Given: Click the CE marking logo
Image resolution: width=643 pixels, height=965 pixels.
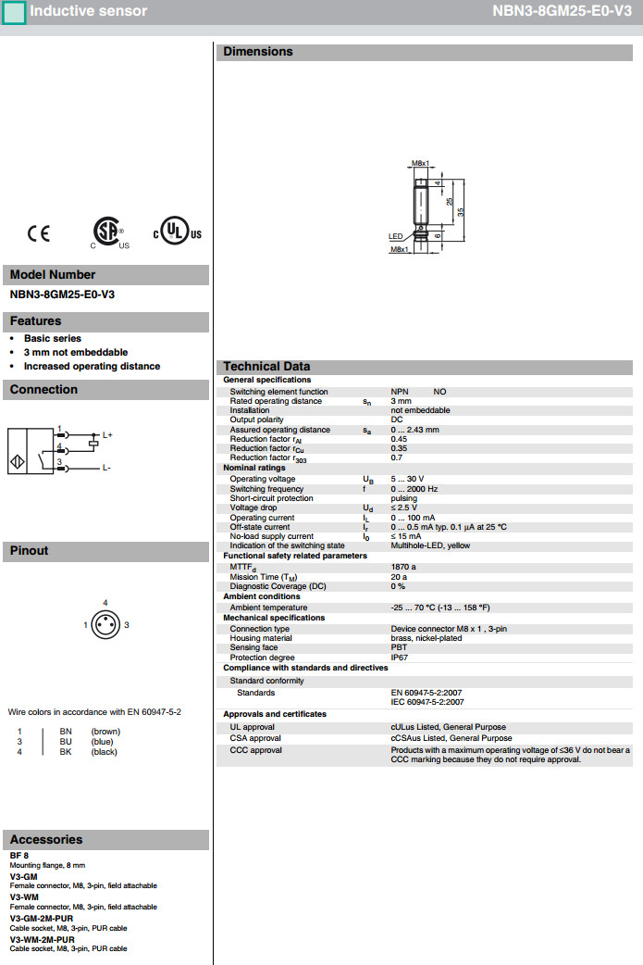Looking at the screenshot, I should tap(39, 233).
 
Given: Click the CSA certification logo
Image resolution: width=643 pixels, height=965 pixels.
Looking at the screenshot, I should tap(109, 232).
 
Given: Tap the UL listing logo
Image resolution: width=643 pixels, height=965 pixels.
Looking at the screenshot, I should tap(177, 232).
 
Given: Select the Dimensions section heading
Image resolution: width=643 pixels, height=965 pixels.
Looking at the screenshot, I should tap(258, 52).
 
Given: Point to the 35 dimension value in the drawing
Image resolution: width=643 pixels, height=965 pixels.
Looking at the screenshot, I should tap(460, 211).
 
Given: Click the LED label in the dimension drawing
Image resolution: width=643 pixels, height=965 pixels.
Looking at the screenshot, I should tap(395, 236).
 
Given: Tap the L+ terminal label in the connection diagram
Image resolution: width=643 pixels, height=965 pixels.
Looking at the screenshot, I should tap(107, 434).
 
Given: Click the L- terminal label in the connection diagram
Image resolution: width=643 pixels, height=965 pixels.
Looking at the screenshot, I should tap(106, 468).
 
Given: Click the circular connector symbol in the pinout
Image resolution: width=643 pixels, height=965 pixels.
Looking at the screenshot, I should tap(105, 625).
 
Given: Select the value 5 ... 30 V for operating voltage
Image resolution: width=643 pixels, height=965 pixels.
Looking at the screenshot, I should tap(408, 479).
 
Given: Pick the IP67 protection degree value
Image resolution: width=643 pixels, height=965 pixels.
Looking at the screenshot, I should tap(400, 658).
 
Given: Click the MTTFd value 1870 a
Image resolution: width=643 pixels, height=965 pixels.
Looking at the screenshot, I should tap(403, 567).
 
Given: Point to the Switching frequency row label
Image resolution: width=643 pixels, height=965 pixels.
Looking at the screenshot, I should tap(266, 489).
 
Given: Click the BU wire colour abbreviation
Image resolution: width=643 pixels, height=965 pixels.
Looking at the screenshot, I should tap(66, 742).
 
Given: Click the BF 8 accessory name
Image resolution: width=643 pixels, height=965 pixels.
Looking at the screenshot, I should tap(19, 855).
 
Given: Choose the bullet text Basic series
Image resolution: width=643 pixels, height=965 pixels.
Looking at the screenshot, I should tap(53, 339).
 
